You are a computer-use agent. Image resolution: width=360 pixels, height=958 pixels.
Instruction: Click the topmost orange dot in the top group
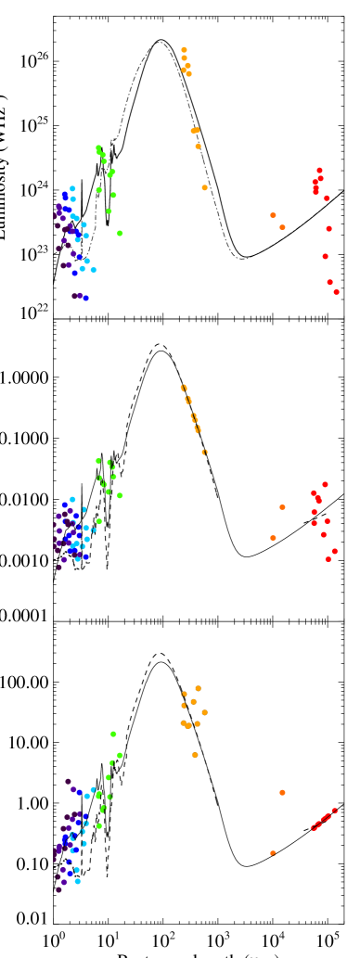click(184, 50)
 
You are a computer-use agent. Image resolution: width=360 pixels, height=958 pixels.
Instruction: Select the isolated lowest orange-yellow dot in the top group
click(204, 187)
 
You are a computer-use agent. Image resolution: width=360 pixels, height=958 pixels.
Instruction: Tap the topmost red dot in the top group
click(319, 171)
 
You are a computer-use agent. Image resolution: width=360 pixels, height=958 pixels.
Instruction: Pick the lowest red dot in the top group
click(336, 292)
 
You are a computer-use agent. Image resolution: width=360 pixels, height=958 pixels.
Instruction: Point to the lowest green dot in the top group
click(120, 233)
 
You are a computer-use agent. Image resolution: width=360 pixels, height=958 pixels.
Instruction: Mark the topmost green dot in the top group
click(98, 147)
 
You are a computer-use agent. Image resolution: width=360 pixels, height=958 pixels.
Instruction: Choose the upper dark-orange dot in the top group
click(273, 215)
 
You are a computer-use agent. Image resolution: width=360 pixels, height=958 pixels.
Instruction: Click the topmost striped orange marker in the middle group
click(184, 388)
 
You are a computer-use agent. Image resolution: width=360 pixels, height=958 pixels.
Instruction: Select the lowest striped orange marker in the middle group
click(204, 453)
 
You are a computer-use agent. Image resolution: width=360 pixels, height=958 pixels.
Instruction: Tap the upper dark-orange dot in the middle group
click(282, 507)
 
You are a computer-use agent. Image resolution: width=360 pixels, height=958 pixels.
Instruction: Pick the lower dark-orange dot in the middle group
click(273, 538)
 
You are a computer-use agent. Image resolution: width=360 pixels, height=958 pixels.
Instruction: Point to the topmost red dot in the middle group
click(325, 484)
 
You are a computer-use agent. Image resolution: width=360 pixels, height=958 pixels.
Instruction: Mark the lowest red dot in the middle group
click(328, 559)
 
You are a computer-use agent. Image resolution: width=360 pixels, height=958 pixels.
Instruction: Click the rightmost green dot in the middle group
click(120, 495)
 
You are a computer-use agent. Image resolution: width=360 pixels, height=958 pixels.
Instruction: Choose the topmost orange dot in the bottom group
click(198, 688)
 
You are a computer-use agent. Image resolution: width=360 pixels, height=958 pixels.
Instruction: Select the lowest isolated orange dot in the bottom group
click(195, 755)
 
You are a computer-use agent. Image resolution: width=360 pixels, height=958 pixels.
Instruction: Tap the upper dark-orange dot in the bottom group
click(282, 793)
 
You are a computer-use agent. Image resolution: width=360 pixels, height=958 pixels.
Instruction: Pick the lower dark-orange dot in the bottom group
click(273, 853)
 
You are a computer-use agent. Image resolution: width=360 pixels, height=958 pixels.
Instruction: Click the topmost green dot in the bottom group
click(113, 734)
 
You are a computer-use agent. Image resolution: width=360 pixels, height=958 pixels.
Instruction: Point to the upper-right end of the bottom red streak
click(334, 811)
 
